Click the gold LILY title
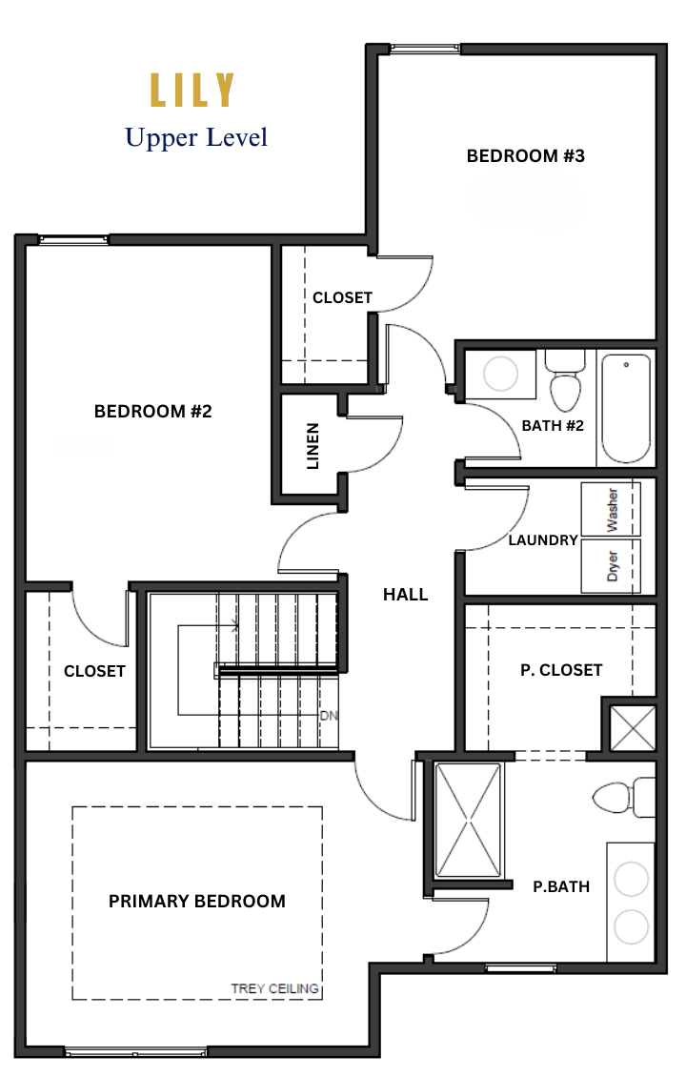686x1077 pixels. tap(192, 91)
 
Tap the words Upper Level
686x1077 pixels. tap(196, 137)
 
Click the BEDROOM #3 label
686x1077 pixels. tap(525, 156)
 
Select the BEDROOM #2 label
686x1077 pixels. tap(152, 412)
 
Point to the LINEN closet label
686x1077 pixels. tap(313, 446)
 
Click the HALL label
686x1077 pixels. tap(405, 595)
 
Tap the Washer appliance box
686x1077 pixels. tap(611, 509)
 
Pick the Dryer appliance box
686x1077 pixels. tap(611, 566)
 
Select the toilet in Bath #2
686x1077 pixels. tap(565, 380)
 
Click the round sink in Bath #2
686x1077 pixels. tap(500, 375)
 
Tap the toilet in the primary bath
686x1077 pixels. tap(624, 797)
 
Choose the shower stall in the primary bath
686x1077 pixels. tap(469, 820)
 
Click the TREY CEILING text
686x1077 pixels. tap(274, 988)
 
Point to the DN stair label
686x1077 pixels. tap(329, 716)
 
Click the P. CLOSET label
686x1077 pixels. tap(561, 670)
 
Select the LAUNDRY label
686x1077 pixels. tap(543, 540)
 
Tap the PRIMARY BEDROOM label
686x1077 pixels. tap(197, 902)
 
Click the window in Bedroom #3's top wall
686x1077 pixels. tap(424, 49)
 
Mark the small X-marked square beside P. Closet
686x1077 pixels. tap(633, 728)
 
